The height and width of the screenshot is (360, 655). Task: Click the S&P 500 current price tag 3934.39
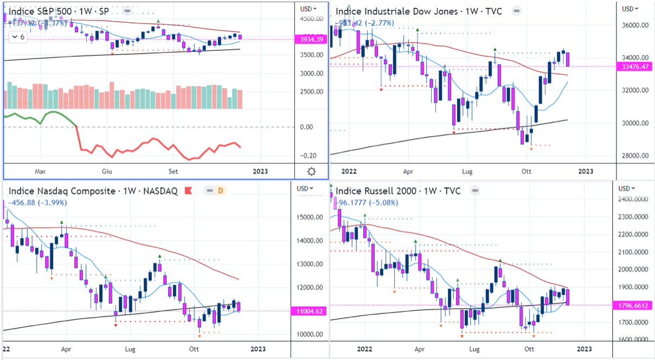(310, 39)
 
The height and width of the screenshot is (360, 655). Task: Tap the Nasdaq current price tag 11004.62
(310, 311)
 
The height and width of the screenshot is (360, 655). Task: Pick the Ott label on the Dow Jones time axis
(526, 171)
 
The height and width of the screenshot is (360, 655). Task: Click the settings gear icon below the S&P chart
(312, 171)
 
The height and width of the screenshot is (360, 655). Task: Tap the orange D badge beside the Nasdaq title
(221, 191)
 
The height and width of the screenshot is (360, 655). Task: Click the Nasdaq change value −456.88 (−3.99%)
(39, 203)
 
